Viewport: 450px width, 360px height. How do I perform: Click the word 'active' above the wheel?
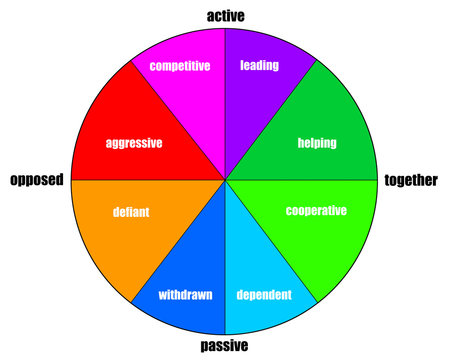pos(225,15)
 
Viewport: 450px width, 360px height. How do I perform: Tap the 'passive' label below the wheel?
pos(225,346)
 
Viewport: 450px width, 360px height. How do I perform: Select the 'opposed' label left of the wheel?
pos(37,180)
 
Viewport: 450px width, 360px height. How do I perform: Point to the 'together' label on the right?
pos(411,180)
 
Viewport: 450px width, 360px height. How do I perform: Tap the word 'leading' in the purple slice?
pos(260,66)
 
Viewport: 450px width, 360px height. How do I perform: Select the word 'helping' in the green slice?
pos(317,143)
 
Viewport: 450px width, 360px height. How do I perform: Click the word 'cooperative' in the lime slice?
pos(316,211)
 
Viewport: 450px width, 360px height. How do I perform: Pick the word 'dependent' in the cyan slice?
pos(264,295)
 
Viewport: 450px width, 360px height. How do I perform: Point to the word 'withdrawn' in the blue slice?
pos(185,295)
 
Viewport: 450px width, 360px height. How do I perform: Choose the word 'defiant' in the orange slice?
pos(130,213)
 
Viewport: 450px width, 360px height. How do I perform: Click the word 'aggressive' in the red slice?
pos(134,143)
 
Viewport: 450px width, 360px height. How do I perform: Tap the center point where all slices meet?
pos(225,180)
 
